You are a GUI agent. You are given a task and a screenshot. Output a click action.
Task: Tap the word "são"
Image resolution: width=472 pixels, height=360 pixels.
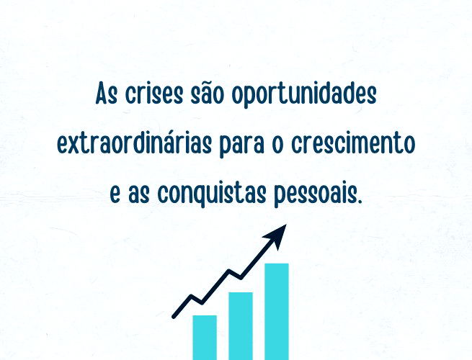pos(209,95)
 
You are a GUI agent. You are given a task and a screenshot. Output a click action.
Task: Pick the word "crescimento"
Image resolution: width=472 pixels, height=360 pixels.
pos(354,145)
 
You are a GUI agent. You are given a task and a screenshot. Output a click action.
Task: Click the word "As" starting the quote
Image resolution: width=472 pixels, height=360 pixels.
pos(107,96)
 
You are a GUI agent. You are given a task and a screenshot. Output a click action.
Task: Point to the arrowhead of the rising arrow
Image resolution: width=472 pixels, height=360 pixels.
pos(279,232)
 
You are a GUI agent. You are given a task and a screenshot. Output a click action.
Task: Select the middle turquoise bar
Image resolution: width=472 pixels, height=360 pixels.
pos(241,325)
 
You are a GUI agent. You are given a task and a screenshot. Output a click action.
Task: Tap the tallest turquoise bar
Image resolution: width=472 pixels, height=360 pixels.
pos(277,311)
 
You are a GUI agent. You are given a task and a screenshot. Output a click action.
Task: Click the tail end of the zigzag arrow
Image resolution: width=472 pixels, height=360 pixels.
pos(175,315)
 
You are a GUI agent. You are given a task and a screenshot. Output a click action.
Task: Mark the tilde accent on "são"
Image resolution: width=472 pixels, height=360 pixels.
pos(209,84)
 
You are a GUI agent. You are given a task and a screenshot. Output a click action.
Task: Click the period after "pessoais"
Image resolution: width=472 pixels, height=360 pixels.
pos(357,200)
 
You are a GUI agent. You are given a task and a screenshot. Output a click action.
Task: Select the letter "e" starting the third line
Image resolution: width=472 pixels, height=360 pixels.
pos(115,195)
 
